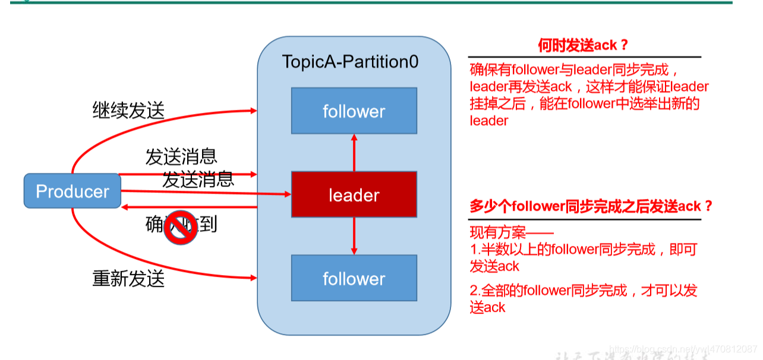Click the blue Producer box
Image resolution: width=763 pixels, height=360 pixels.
coord(72,191)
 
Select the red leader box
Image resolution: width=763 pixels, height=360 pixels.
coord(354,194)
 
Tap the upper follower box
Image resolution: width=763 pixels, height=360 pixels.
coord(354,111)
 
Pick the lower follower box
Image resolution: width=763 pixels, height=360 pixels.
coord(354,278)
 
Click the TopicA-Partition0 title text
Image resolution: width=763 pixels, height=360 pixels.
coord(350,62)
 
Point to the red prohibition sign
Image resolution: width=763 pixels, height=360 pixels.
coord(181,228)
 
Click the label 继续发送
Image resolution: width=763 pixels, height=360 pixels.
coord(128,110)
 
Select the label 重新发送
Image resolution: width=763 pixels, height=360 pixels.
coord(128,278)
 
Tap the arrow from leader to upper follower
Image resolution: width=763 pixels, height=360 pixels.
coord(354,153)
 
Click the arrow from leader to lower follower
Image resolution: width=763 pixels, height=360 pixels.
coord(354,236)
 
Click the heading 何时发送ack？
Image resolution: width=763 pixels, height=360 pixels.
coord(583,45)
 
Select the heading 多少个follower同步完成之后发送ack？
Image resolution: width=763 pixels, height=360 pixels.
coord(591,207)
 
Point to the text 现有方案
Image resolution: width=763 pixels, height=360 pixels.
coord(511,233)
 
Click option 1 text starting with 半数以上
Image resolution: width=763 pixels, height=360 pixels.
coord(582,257)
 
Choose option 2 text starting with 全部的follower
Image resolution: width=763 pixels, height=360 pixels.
coord(582,298)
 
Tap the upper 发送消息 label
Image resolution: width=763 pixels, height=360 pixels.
coord(181,156)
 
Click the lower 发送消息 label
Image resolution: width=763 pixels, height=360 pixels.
coord(198,179)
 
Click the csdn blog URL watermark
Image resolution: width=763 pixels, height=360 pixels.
coord(683,348)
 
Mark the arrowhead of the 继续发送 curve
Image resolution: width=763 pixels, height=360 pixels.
coord(254,110)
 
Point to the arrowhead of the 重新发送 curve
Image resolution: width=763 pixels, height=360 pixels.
coord(254,277)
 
